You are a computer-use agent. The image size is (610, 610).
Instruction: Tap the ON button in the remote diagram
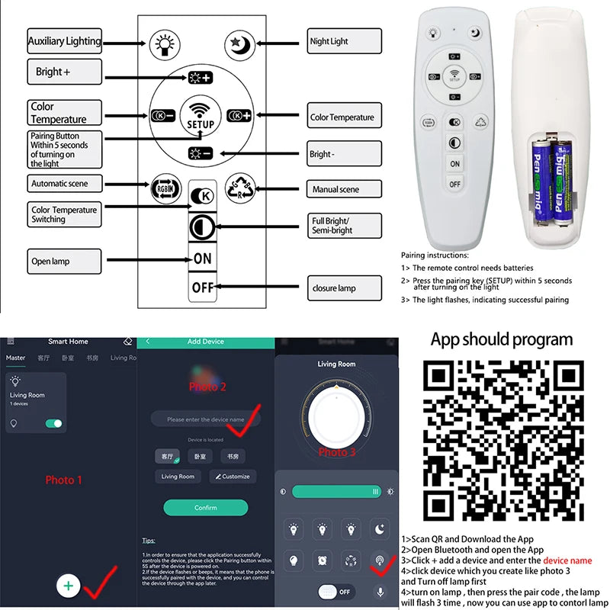(202, 258)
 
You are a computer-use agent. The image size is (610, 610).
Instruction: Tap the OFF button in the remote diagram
(202, 287)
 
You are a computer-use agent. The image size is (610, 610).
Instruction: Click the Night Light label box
(344, 41)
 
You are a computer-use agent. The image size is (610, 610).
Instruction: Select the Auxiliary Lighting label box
(64, 41)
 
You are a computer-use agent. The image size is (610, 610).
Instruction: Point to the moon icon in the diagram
(238, 43)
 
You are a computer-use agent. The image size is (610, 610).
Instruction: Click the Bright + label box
(64, 72)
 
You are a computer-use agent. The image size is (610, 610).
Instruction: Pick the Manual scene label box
(344, 189)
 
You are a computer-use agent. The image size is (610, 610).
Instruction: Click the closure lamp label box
(344, 288)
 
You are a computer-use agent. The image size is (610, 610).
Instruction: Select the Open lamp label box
(64, 262)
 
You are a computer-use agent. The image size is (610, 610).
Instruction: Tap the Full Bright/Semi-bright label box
(344, 226)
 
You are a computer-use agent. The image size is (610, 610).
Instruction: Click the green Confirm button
(205, 507)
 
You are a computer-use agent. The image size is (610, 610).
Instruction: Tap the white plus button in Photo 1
(69, 586)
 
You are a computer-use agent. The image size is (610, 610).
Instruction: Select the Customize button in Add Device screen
(233, 477)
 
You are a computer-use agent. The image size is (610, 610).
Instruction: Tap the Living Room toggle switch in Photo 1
(53, 423)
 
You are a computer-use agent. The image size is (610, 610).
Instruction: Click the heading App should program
(501, 339)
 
